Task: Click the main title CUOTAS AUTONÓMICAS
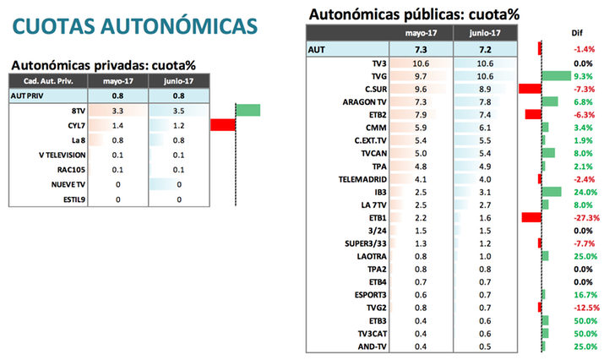tap(135, 25)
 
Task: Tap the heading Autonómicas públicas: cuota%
tap(414, 14)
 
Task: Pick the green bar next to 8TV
tap(248, 111)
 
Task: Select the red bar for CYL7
tap(222, 125)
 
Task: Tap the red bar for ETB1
tap(531, 217)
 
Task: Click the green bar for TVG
tap(555, 76)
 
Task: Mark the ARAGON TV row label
tap(365, 101)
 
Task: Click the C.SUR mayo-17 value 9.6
tap(421, 89)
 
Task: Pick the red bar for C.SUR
tap(530, 89)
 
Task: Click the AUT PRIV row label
tap(27, 96)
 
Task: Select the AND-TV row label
tap(373, 346)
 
